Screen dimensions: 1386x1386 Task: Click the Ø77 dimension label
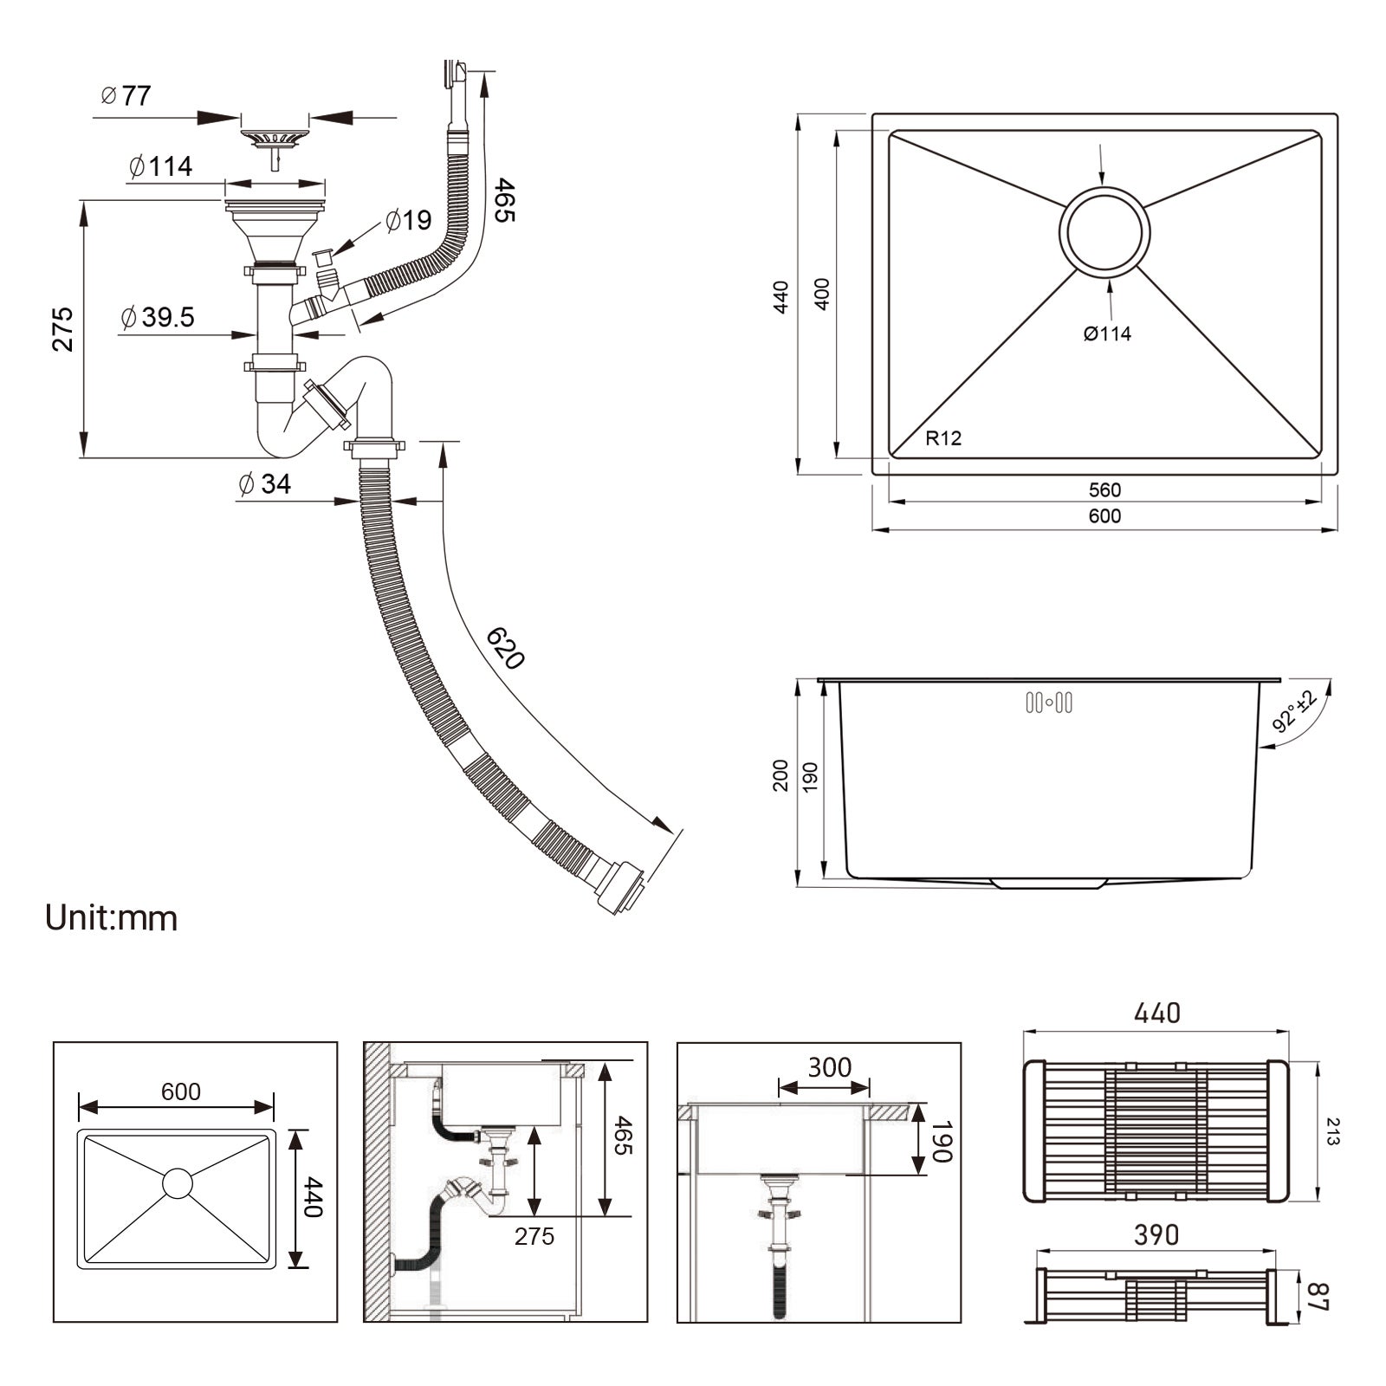126,95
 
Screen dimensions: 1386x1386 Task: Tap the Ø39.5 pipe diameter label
158,317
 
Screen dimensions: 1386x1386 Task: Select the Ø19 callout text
408,220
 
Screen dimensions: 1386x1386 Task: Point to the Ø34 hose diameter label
265,483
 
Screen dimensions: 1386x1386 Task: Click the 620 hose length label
506,648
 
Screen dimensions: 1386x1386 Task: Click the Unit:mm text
112,918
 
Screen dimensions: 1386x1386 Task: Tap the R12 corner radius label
943,438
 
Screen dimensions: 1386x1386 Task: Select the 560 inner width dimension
1104,490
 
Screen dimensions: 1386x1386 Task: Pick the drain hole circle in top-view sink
1104,232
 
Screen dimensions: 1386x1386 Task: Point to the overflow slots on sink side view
1049,703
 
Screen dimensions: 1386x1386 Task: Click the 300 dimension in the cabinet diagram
829,1067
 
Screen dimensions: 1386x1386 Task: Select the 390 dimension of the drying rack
1156,1235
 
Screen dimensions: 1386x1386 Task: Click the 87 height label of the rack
1316,1297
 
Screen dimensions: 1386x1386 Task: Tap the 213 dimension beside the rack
1332,1131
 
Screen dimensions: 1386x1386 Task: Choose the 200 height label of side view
780,775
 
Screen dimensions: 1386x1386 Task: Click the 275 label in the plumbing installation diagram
534,1236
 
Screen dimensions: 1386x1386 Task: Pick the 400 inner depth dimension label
822,294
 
